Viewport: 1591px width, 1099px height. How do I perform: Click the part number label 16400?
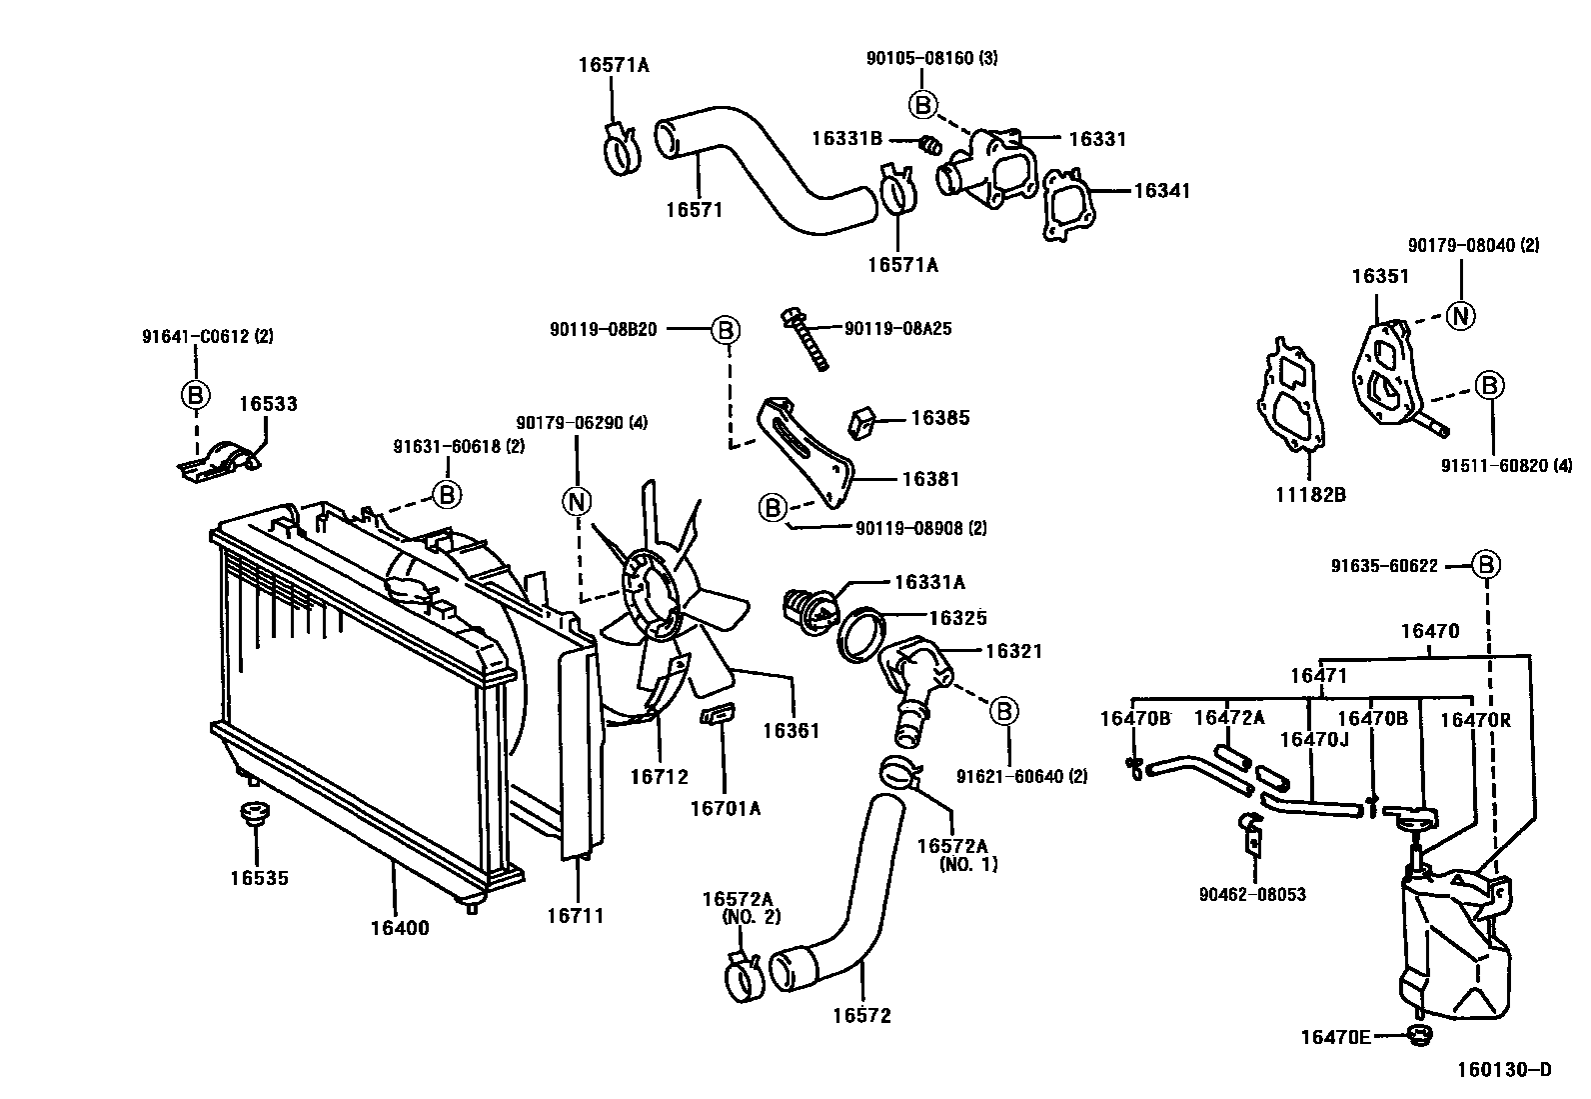pyautogui.click(x=400, y=927)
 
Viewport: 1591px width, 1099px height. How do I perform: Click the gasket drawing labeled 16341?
pyautogui.click(x=1068, y=206)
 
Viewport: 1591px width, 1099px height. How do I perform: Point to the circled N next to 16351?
pyautogui.click(x=1461, y=315)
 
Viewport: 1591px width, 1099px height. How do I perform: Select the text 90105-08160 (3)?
pyautogui.click(x=931, y=58)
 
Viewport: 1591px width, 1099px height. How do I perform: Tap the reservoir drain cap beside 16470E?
pyautogui.click(x=1417, y=1036)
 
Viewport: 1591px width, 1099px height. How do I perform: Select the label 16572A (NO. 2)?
pyautogui.click(x=742, y=906)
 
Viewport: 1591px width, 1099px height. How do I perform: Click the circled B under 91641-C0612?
pyautogui.click(x=196, y=395)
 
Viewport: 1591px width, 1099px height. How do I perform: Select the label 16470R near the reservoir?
pyautogui.click(x=1475, y=718)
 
